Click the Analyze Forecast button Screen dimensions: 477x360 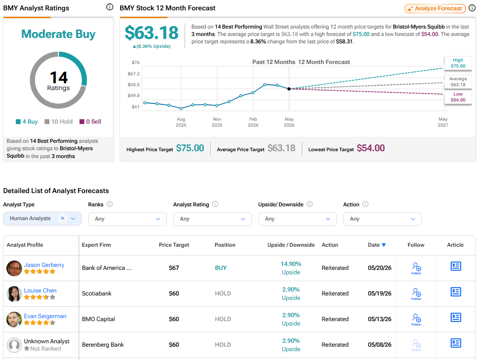point(435,8)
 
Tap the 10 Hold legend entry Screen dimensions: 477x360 point(59,122)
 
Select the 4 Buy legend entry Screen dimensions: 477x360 point(27,122)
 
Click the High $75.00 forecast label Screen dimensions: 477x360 point(458,63)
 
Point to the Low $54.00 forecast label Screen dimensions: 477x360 point(458,97)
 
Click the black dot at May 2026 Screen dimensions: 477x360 point(289,89)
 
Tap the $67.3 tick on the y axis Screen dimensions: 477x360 point(133,74)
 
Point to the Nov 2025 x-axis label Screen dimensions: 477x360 point(217,122)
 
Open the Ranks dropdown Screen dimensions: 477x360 point(127,219)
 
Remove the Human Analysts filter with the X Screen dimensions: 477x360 point(63,218)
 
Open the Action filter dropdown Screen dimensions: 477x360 point(382,219)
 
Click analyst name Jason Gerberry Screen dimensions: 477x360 point(44,265)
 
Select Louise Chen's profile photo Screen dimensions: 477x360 point(14,294)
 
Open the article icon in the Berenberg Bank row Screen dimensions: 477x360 point(456,343)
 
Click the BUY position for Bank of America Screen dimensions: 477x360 point(221,268)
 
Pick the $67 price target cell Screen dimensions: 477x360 point(174,268)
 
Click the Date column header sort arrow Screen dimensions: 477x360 point(384,245)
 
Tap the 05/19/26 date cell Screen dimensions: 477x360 point(380,294)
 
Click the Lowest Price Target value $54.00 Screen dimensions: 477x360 point(371,148)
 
